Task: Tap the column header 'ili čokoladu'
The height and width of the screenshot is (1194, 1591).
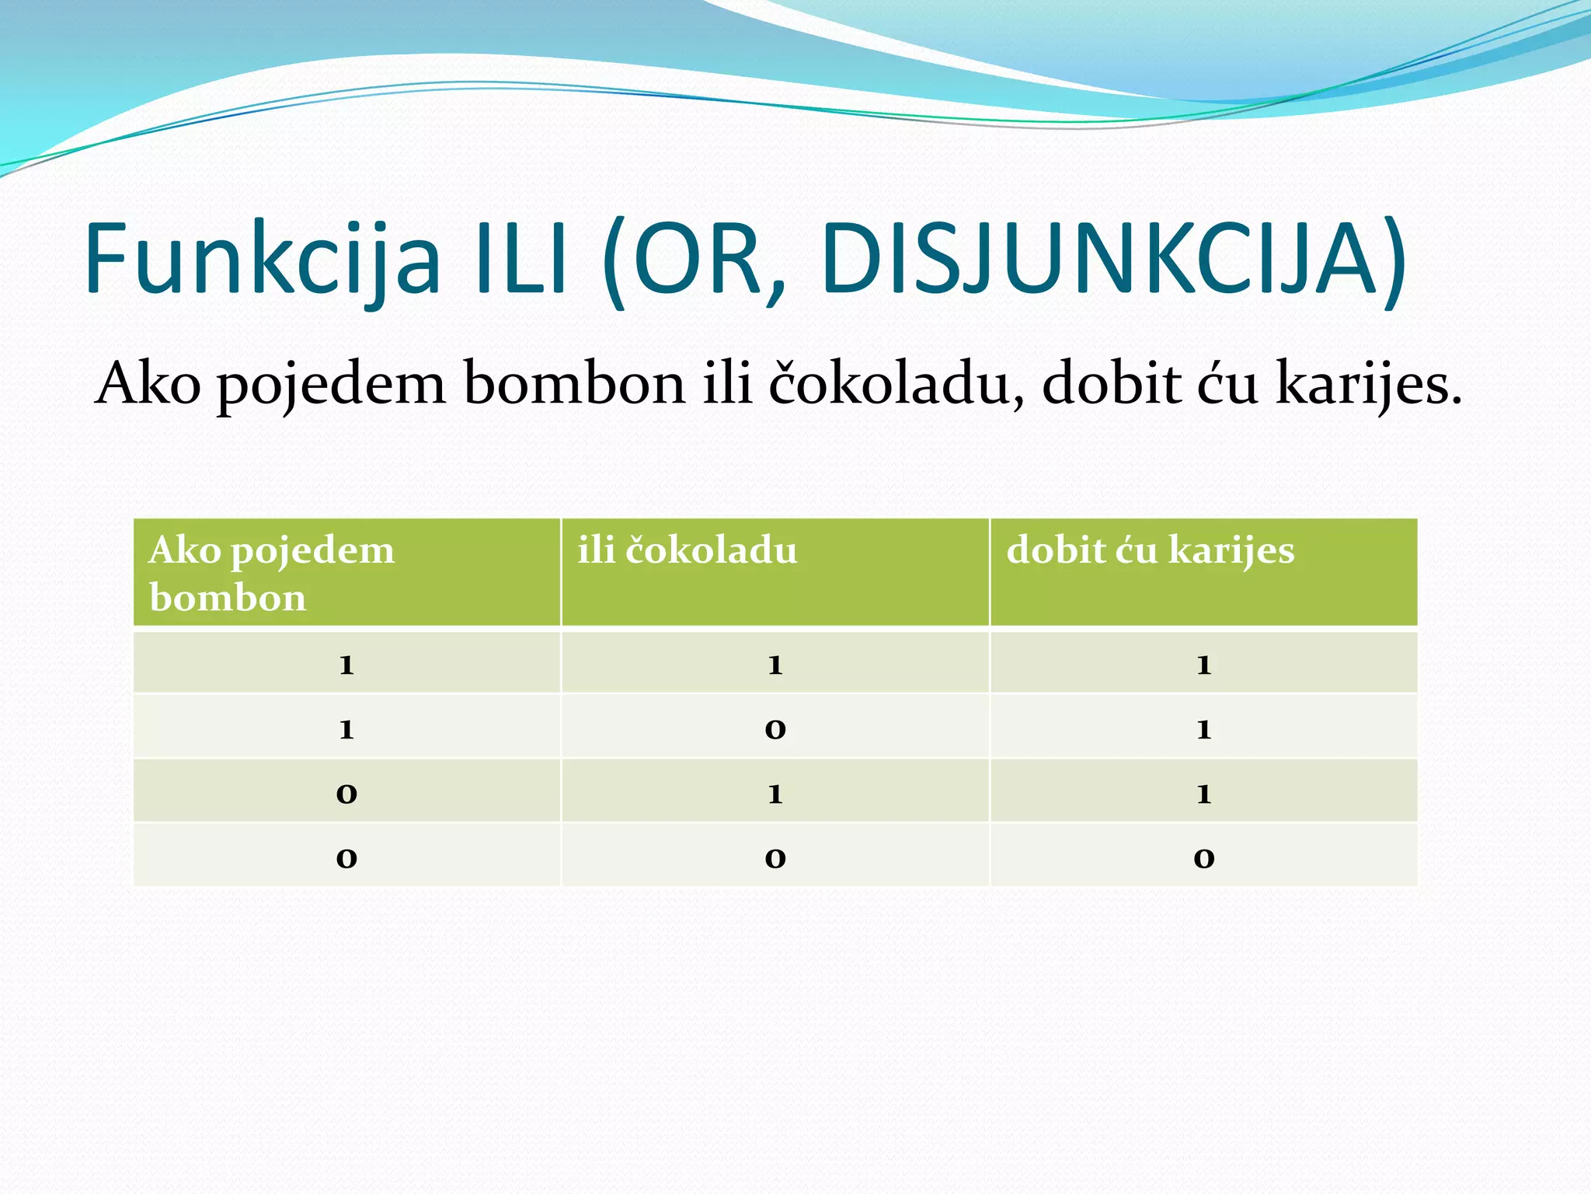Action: coord(688,550)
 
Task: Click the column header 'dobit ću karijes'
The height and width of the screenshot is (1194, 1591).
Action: coord(1150,550)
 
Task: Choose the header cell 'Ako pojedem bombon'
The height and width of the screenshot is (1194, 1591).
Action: coord(272,573)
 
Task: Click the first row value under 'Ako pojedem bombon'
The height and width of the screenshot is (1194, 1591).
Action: coord(346,665)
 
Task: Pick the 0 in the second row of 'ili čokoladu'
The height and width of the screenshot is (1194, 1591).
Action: coord(775,729)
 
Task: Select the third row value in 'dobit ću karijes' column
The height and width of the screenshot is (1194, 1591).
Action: coord(1203,794)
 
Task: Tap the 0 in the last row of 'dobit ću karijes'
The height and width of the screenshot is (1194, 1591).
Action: coord(1203,858)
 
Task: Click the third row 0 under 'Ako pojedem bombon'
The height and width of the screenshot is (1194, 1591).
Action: coord(346,794)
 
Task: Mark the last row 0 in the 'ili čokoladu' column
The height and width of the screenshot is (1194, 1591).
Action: coord(775,858)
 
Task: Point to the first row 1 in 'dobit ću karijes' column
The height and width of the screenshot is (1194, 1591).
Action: coord(1203,665)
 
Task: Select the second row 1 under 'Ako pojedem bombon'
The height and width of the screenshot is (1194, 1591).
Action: coord(346,729)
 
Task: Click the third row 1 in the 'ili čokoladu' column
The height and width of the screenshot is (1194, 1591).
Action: coord(775,794)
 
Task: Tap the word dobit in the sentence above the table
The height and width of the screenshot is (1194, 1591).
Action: coord(1111,383)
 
